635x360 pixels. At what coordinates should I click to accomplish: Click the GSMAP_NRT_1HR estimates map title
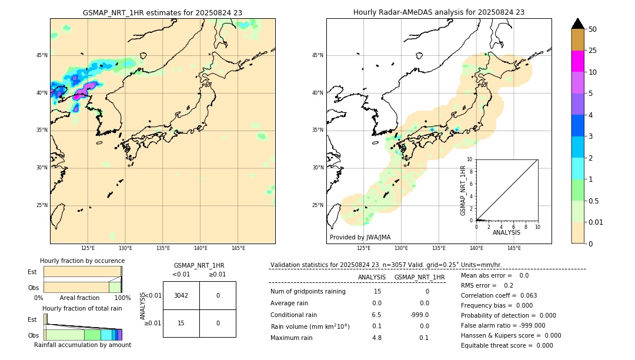click(x=162, y=12)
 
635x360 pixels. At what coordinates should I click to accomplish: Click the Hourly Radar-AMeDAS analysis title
click(x=439, y=12)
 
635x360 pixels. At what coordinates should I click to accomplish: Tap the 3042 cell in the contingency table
click(x=181, y=295)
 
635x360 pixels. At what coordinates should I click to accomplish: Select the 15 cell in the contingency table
click(x=181, y=323)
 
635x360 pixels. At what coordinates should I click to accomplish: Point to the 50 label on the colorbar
click(x=593, y=29)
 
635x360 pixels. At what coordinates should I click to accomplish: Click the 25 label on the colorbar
click(x=593, y=51)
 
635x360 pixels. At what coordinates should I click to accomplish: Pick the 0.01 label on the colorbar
click(x=596, y=222)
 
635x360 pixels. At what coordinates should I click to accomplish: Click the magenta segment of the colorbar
click(x=578, y=61)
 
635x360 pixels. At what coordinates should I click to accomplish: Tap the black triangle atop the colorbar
click(x=578, y=24)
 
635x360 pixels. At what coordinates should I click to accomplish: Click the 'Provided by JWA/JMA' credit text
click(x=360, y=237)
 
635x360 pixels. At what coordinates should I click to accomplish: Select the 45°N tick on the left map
click(x=42, y=55)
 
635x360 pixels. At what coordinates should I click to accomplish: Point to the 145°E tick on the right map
click(x=514, y=249)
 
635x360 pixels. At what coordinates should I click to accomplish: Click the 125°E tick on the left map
click(x=88, y=249)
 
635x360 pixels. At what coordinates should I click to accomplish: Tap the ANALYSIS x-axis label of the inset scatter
click(x=506, y=232)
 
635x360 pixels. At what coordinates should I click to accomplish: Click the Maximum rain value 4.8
click(x=377, y=338)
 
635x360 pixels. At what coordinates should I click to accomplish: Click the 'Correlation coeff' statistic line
click(x=499, y=295)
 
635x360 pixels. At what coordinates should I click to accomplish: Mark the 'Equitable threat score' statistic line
click(x=507, y=345)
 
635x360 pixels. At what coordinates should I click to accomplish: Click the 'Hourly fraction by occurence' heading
click(x=82, y=261)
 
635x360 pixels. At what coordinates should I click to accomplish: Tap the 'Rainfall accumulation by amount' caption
click(x=82, y=345)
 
